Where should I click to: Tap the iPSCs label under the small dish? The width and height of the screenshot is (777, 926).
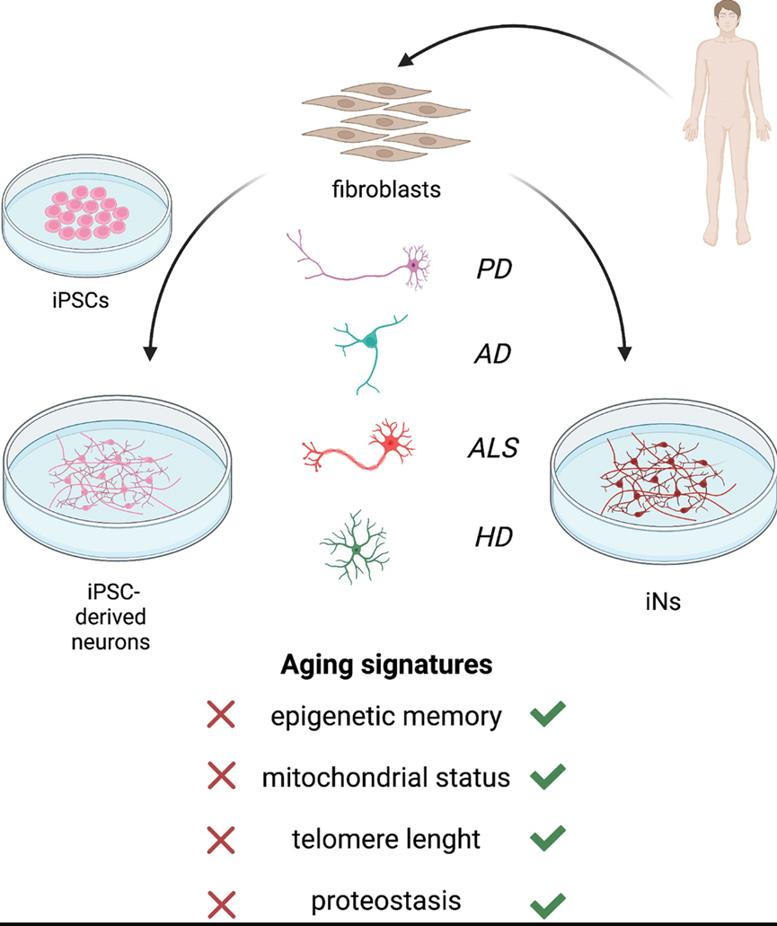point(81,300)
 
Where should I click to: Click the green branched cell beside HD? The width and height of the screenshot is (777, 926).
point(358,546)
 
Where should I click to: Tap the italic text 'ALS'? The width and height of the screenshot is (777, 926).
point(493,447)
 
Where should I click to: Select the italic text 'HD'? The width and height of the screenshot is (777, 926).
point(493,538)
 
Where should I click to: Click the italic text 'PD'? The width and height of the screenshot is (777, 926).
point(493,269)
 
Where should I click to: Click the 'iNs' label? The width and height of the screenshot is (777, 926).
point(662,601)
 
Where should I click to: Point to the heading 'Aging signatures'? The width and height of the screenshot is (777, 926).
point(386,665)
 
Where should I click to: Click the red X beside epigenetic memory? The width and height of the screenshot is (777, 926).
point(221,716)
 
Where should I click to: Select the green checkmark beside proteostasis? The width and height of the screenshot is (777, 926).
point(547,901)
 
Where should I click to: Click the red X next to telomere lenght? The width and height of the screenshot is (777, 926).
point(221,840)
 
